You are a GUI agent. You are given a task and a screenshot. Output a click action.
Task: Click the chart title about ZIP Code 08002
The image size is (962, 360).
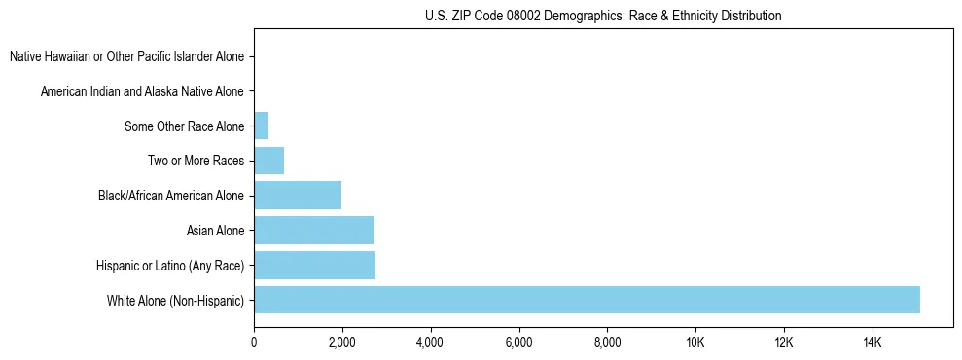(603, 16)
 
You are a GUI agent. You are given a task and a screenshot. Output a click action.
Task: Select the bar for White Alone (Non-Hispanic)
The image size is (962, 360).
(587, 300)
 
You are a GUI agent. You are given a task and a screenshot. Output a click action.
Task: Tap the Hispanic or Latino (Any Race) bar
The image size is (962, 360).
(314, 265)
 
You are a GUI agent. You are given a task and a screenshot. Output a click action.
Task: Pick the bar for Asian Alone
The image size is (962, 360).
(313, 231)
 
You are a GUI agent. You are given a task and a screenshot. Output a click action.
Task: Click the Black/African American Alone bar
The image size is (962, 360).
(298, 196)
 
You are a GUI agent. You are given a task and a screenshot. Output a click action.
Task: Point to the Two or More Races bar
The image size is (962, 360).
(268, 161)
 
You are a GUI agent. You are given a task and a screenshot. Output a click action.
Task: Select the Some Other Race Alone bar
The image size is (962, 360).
(261, 126)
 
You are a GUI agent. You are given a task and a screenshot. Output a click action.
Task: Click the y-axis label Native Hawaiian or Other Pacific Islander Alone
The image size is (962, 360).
(126, 56)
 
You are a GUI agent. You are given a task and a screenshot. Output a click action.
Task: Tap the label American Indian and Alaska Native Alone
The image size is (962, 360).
(142, 91)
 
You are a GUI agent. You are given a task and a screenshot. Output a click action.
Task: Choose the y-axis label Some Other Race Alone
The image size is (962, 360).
(184, 126)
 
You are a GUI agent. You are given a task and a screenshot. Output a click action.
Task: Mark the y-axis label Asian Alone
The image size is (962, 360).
(215, 231)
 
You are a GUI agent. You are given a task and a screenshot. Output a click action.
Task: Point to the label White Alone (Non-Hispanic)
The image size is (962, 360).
(175, 300)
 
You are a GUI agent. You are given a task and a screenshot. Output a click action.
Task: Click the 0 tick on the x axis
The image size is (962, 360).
(254, 342)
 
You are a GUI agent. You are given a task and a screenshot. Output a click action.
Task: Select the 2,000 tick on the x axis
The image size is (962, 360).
(342, 342)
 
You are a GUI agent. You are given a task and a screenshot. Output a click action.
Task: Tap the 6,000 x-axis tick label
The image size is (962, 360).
(518, 342)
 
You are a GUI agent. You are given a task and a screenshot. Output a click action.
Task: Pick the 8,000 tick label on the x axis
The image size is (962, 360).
(607, 342)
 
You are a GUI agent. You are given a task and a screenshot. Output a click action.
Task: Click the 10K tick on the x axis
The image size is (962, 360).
(695, 342)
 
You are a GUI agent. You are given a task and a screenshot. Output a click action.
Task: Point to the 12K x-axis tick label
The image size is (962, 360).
(783, 342)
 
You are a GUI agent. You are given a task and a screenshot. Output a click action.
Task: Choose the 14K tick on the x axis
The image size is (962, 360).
(872, 342)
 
